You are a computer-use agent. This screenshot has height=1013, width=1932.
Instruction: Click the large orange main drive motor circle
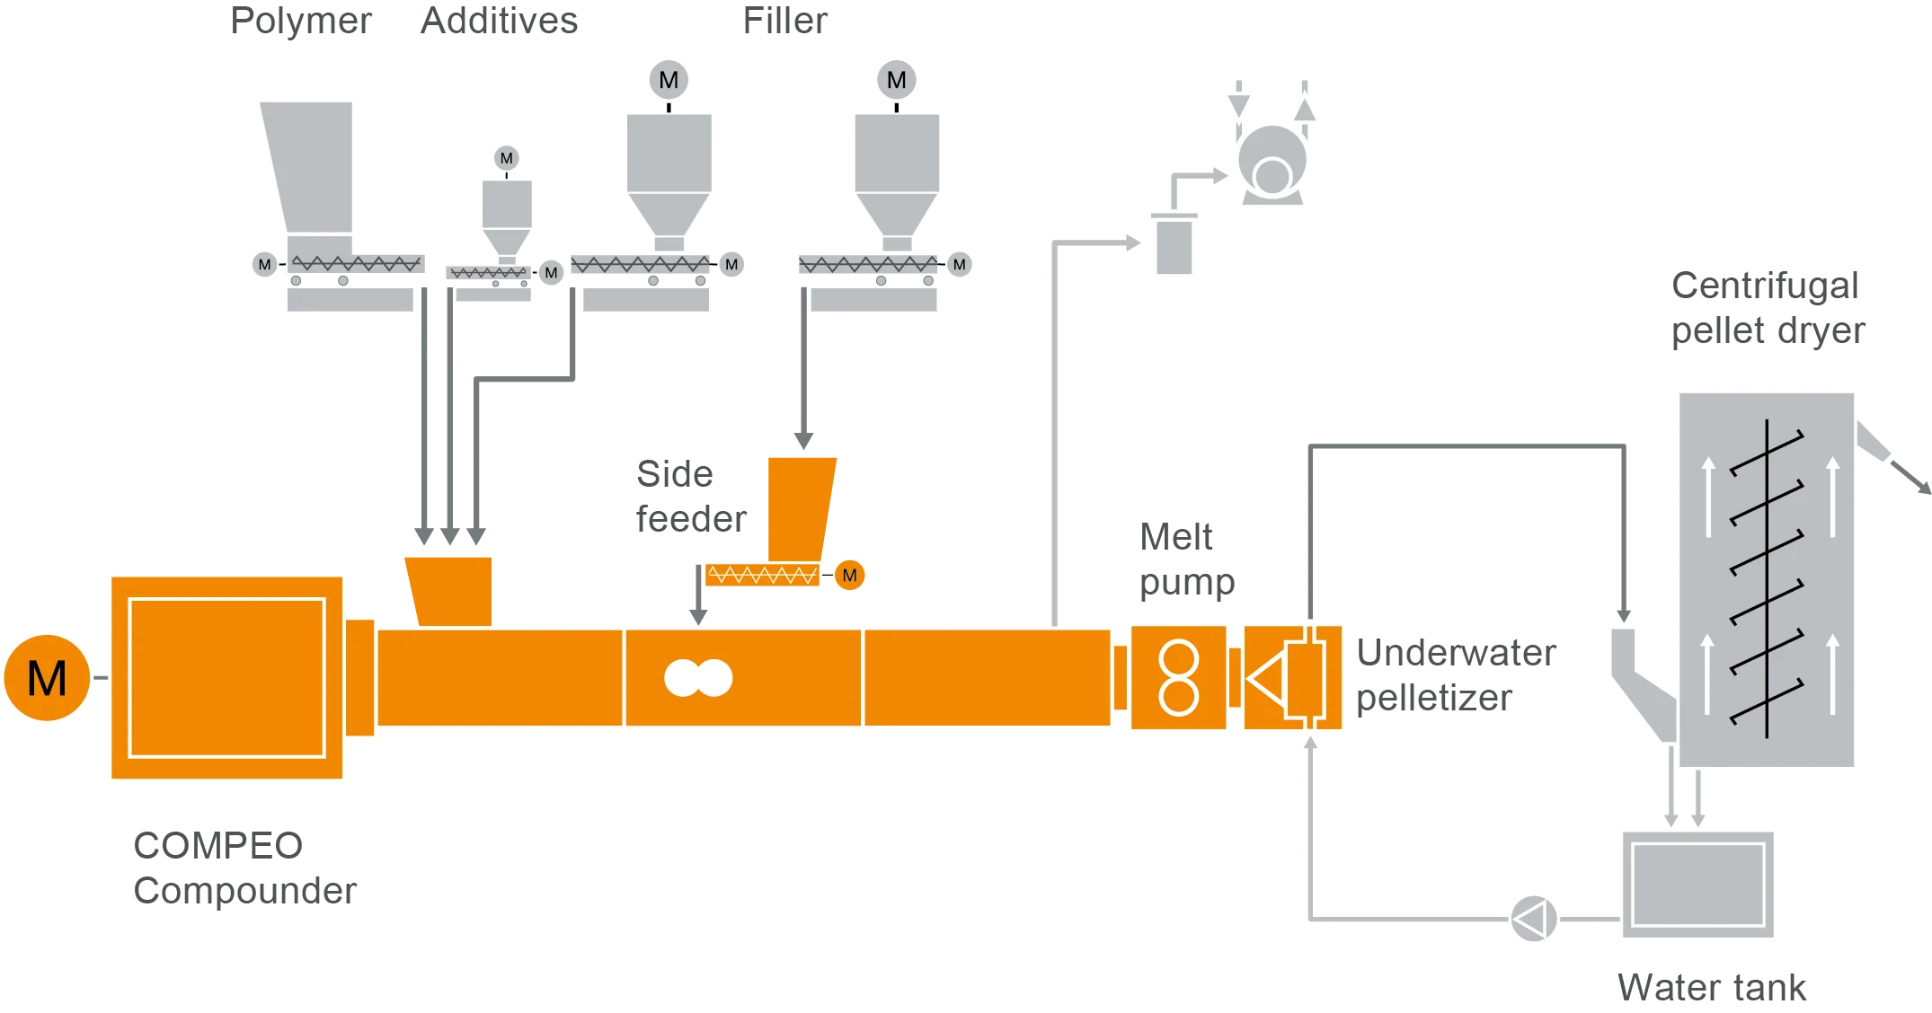point(47,678)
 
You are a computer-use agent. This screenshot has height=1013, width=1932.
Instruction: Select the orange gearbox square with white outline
point(226,678)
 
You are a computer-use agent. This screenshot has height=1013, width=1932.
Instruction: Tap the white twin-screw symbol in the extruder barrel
point(698,678)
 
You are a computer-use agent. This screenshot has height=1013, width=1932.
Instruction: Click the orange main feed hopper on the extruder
point(450,588)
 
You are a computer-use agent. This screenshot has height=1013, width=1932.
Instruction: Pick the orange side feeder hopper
point(800,507)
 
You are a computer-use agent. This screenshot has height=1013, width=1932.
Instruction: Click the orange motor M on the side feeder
point(849,575)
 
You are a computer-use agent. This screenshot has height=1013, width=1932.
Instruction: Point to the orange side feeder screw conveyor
point(762,574)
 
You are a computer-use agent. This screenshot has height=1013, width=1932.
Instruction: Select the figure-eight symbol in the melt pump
point(1178,678)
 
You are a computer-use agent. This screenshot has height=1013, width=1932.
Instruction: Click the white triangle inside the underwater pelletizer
point(1267,678)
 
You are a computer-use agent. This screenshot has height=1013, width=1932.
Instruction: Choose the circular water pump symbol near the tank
point(1533,919)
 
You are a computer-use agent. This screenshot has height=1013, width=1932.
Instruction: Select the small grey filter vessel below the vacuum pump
point(1174,245)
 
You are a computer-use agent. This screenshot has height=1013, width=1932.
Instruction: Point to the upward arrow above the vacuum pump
point(1305,106)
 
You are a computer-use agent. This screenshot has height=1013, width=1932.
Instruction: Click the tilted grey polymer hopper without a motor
point(310,166)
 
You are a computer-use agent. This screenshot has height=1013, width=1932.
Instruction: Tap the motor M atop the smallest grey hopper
point(507,158)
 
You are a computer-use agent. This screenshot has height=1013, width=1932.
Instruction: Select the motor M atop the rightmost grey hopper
point(896,80)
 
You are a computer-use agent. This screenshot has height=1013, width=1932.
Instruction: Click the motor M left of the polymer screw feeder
point(264,264)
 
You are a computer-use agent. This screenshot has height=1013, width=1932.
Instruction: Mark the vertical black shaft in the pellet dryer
point(1767,579)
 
